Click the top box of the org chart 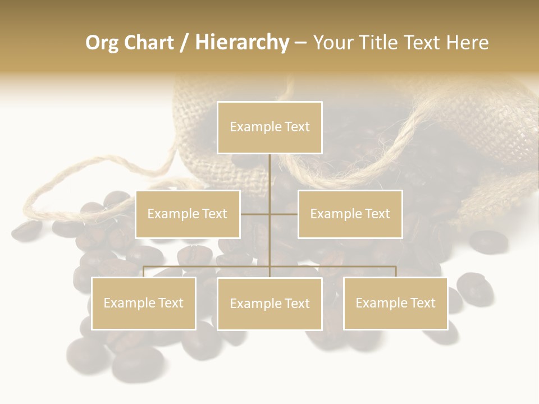click(x=269, y=127)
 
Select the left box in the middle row click(x=188, y=214)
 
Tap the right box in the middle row click(x=350, y=214)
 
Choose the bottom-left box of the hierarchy click(x=144, y=303)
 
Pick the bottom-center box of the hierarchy click(x=269, y=304)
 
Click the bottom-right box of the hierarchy click(x=395, y=303)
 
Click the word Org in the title click(x=102, y=43)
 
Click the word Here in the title click(x=468, y=43)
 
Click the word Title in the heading click(x=383, y=43)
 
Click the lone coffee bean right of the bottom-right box click(x=475, y=287)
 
